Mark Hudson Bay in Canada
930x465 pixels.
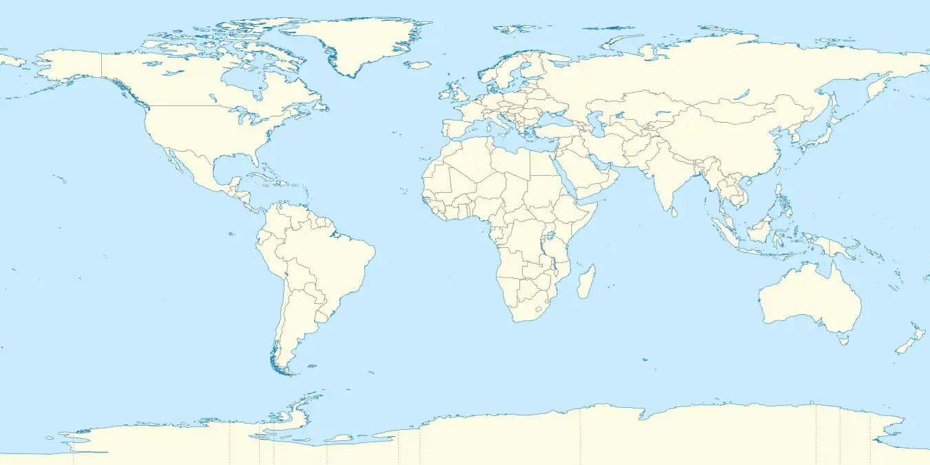click(x=245, y=83)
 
